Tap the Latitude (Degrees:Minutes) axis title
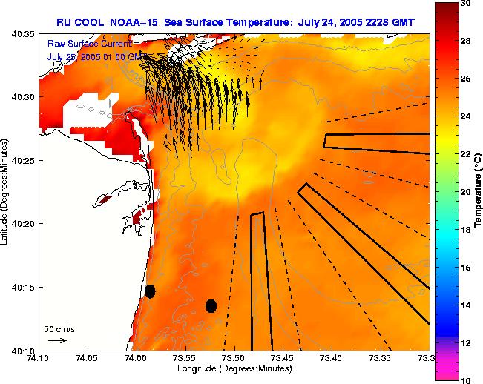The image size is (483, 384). coord(5,192)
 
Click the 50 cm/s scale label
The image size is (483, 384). coord(59,328)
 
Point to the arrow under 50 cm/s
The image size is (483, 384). coord(57,340)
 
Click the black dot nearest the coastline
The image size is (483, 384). coord(150,291)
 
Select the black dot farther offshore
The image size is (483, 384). coord(211,305)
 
